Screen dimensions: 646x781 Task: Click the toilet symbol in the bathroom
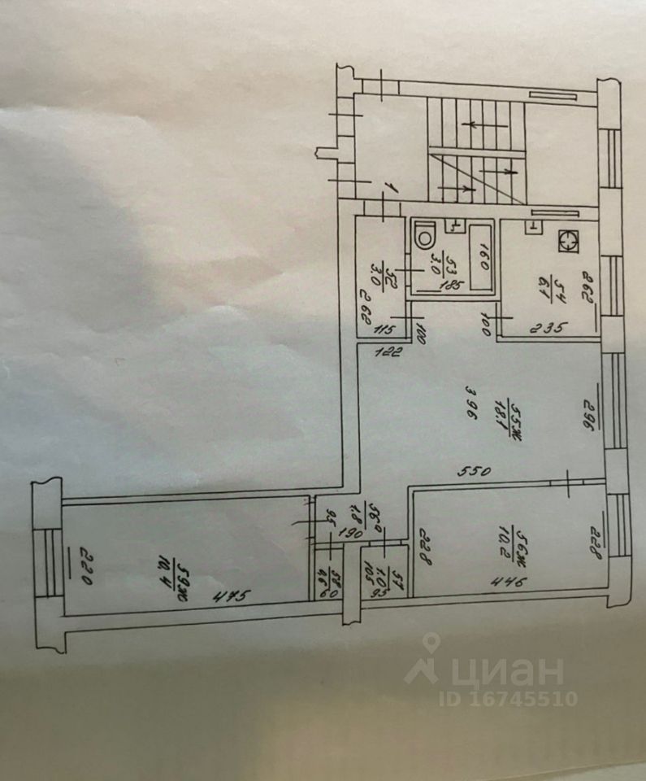point(424,237)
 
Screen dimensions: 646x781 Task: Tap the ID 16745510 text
point(508,699)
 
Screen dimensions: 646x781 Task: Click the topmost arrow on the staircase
point(472,124)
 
